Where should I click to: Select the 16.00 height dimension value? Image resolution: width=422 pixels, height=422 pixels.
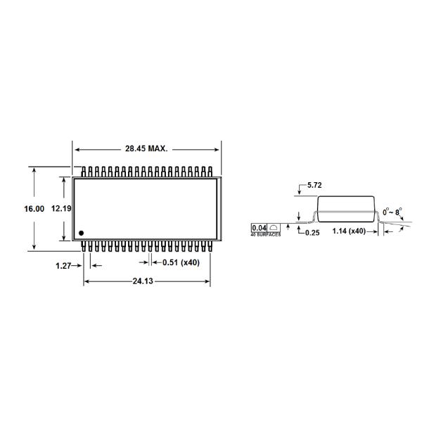coord(34,209)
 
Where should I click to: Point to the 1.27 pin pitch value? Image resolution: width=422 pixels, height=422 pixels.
coord(65,265)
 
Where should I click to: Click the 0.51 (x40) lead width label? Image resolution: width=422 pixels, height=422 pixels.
coord(181,262)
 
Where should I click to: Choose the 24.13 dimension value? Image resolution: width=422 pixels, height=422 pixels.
coord(148,281)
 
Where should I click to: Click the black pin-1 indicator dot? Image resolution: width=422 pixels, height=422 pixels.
coord(82,233)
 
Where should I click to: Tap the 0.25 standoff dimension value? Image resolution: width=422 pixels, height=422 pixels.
coord(312,233)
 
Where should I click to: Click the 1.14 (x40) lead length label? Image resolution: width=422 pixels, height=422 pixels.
coord(349,231)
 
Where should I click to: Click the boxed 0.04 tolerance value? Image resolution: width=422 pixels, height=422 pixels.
coord(260,228)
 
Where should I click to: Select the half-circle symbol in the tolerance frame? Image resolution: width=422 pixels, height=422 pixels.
coord(274,228)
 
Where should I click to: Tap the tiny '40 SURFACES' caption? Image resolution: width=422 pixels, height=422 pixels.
coord(266,234)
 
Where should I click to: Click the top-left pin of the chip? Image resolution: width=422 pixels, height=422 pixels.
coord(84,172)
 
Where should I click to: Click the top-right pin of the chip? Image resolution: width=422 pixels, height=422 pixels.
coord(210,172)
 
